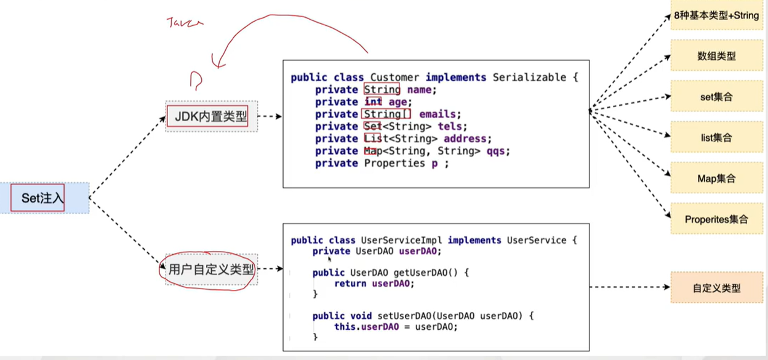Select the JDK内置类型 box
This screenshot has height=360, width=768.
(x=210, y=116)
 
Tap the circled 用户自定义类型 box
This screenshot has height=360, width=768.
(x=211, y=269)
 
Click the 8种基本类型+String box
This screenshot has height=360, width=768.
(x=716, y=15)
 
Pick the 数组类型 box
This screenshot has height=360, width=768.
(x=716, y=56)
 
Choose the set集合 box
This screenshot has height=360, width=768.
(x=716, y=97)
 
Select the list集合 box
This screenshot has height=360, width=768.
(x=716, y=138)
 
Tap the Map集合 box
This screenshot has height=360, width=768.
(x=716, y=178)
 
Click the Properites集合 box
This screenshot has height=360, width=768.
(x=716, y=219)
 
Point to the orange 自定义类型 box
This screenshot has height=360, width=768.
(x=716, y=287)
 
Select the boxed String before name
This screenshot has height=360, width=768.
(x=382, y=90)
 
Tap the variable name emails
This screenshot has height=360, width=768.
(x=438, y=114)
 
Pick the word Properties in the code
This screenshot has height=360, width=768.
(x=394, y=164)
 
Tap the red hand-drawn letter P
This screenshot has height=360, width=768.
(x=196, y=80)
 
